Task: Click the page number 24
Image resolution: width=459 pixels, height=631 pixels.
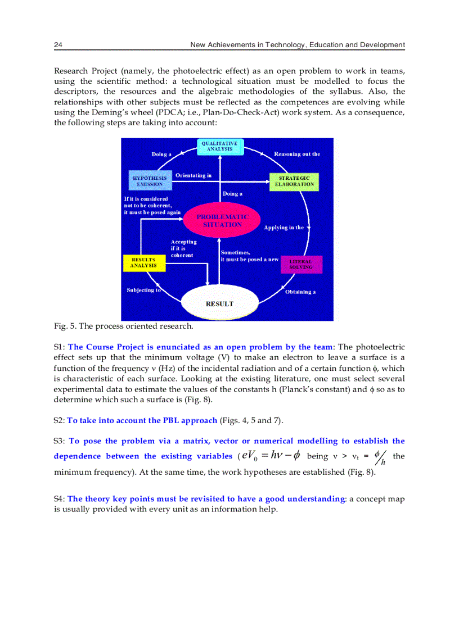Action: coord(58,45)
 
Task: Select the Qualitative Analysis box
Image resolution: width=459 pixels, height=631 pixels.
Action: coord(220,147)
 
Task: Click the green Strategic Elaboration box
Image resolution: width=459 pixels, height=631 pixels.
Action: coord(294,181)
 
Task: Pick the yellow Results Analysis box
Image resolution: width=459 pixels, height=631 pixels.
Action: coord(143,263)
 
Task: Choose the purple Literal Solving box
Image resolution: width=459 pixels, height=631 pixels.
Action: coord(301,265)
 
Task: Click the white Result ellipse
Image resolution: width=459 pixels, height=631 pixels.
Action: coord(219,303)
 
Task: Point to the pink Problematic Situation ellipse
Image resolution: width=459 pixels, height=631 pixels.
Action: coord(222,220)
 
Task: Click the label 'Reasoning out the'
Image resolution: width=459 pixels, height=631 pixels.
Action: coord(297,154)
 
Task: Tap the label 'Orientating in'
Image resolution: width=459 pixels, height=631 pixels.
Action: coord(193,175)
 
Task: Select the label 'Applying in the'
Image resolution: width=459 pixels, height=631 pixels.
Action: coord(283,228)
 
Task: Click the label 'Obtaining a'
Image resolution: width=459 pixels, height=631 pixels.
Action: coord(300,292)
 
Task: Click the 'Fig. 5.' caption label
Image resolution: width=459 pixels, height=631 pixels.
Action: coord(64,326)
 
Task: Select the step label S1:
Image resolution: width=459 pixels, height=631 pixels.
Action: coord(60,347)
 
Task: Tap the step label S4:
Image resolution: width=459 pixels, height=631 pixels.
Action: coord(60,499)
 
